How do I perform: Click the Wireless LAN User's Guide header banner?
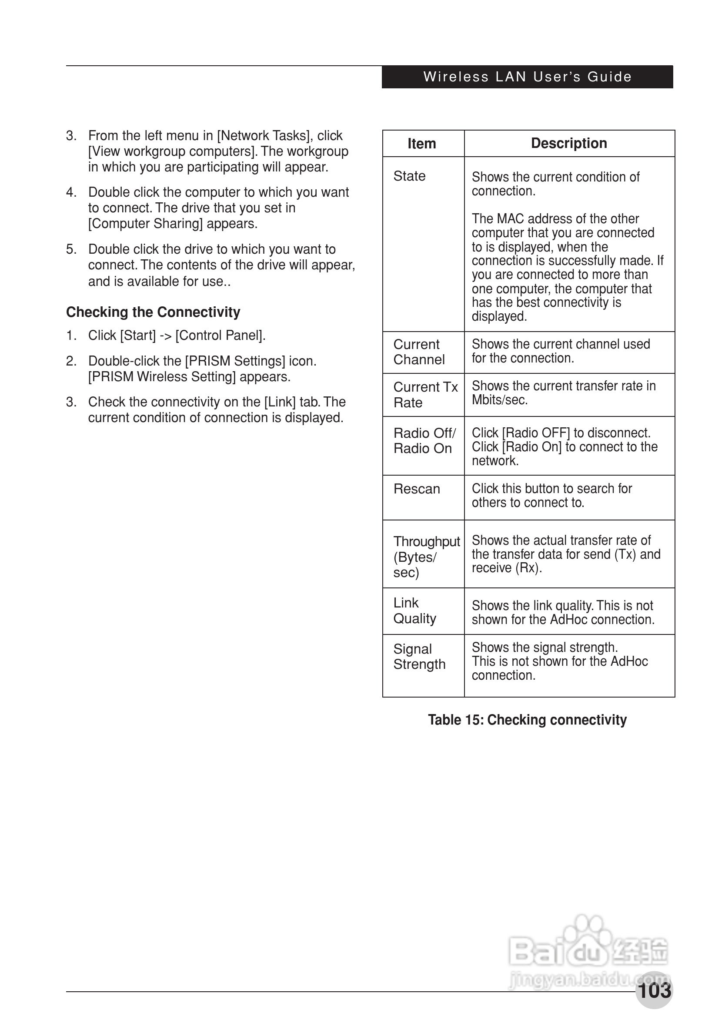point(527,77)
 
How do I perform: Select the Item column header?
point(421,144)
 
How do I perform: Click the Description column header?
point(569,143)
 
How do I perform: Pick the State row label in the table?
point(409,176)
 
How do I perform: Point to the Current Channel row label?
point(418,352)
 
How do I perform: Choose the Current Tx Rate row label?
point(424,395)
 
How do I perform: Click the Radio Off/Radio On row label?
point(424,441)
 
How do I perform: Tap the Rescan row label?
point(416,489)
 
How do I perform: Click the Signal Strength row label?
point(419,657)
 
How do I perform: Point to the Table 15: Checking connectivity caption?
point(527,720)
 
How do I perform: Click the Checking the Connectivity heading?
point(153,312)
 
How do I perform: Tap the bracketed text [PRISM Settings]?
point(235,361)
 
